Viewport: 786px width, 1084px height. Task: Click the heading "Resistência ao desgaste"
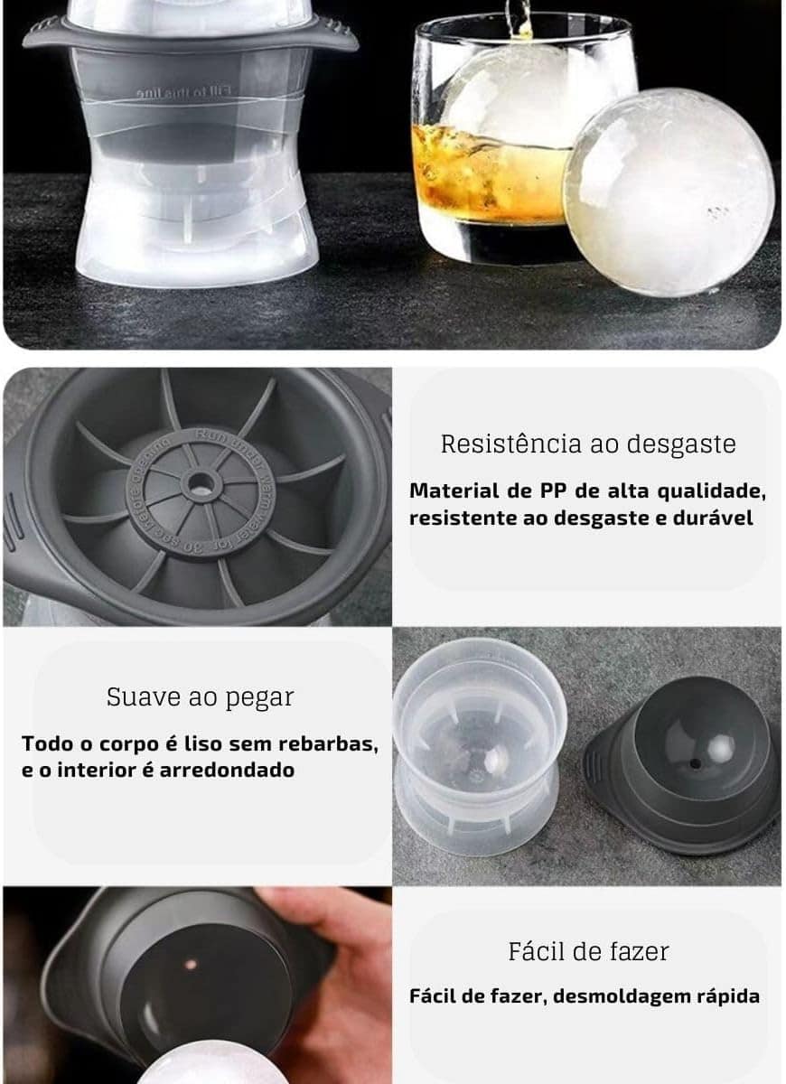click(588, 444)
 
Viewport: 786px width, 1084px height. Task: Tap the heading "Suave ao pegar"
click(200, 697)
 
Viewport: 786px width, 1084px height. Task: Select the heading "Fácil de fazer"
click(588, 951)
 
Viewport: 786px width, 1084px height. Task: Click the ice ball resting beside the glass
click(669, 192)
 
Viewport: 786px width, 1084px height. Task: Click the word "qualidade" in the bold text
click(710, 491)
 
